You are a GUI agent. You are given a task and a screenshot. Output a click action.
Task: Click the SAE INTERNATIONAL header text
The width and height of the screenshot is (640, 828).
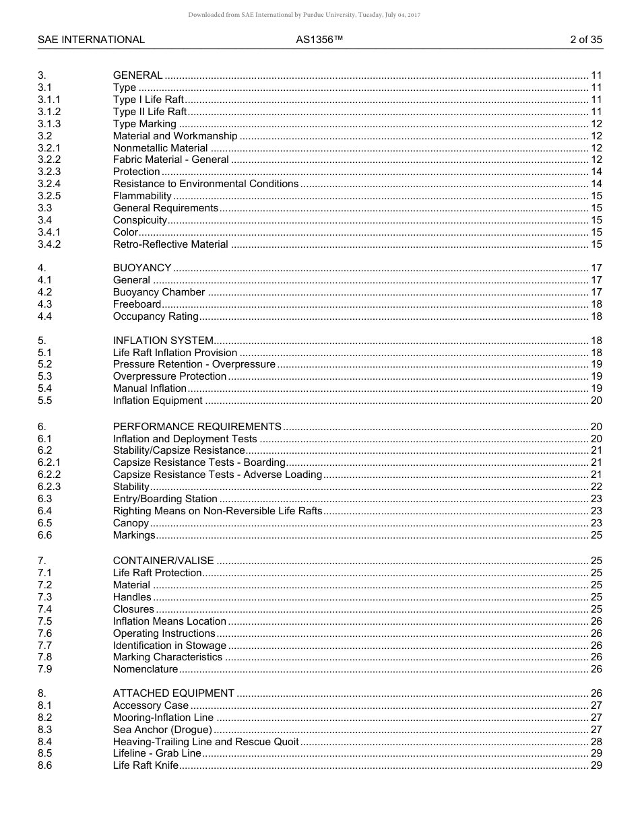click(x=91, y=40)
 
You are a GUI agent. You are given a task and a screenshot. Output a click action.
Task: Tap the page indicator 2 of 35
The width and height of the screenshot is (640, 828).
click(x=585, y=40)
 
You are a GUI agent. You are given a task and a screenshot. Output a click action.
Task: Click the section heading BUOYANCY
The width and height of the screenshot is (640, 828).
click(x=142, y=268)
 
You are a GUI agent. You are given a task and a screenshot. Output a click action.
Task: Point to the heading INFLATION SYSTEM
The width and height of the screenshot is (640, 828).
click(x=163, y=341)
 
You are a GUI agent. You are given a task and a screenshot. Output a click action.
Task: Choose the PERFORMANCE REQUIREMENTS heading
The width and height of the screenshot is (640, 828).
click(x=197, y=427)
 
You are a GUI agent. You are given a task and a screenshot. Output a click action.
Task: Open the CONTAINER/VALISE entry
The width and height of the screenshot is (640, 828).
click(x=163, y=561)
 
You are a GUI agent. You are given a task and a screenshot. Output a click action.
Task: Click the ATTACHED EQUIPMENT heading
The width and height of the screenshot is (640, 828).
click(x=173, y=693)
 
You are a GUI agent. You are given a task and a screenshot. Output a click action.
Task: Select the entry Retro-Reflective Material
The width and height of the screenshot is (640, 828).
click(x=170, y=244)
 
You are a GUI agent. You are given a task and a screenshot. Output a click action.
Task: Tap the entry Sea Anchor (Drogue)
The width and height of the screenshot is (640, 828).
click(x=162, y=730)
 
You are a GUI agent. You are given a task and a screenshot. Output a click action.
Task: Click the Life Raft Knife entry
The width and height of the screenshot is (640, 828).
click(x=146, y=765)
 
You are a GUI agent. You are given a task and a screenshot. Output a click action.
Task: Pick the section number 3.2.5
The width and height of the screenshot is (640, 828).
click(x=49, y=196)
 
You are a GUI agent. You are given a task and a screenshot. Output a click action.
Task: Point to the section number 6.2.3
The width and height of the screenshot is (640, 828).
click(x=49, y=487)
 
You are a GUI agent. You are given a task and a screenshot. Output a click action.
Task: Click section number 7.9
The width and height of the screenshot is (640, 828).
click(x=44, y=669)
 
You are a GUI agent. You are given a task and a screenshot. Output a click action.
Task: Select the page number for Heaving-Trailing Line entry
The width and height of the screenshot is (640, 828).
click(x=596, y=742)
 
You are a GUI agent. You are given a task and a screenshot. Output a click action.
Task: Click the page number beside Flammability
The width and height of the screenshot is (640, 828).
click(x=596, y=196)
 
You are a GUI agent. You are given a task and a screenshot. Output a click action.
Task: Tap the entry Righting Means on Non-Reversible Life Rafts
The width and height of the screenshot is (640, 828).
click(x=218, y=511)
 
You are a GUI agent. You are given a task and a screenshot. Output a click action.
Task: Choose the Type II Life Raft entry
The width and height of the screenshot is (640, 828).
click(x=150, y=112)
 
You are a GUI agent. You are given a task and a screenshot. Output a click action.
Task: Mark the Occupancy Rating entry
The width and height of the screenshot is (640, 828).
click(x=156, y=316)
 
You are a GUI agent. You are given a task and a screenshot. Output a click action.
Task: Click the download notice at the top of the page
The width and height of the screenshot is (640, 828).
click(x=305, y=15)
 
